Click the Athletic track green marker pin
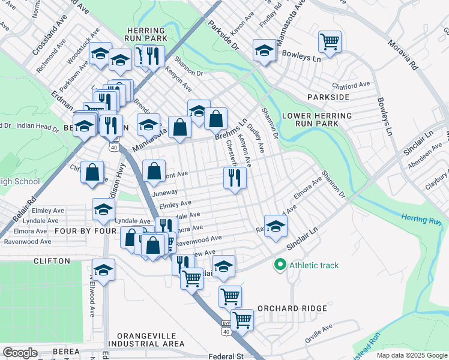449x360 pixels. click(x=280, y=265)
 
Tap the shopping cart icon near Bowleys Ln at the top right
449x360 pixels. click(x=330, y=41)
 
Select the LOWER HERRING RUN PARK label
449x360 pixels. click(x=309, y=119)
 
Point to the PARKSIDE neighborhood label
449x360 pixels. click(x=328, y=97)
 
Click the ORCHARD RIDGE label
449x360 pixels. click(x=292, y=308)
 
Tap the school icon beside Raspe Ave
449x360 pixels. click(x=276, y=226)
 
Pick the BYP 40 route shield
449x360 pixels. click(x=226, y=327)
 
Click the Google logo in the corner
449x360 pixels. click(x=20, y=353)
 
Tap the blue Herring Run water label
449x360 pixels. click(x=421, y=220)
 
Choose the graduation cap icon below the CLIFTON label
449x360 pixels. click(x=103, y=269)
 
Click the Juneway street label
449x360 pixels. click(x=166, y=193)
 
